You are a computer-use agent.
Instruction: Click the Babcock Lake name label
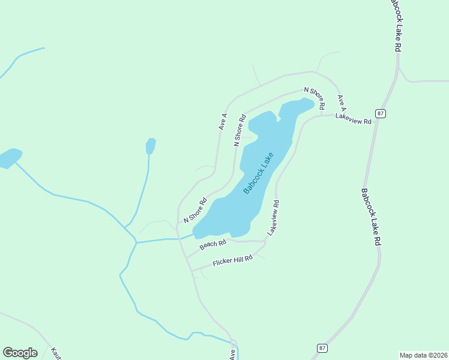[x=259, y=173]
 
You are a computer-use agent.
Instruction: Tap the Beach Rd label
[x=213, y=244]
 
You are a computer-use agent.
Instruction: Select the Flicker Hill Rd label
[x=233, y=261]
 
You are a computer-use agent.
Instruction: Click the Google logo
[x=20, y=353]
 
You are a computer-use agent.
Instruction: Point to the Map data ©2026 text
[x=423, y=355]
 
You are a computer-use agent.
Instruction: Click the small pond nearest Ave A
[x=151, y=146]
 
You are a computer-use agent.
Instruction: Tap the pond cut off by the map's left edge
[x=8, y=158]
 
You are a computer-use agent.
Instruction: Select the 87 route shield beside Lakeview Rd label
[x=381, y=113]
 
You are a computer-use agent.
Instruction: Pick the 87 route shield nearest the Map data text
[x=322, y=348]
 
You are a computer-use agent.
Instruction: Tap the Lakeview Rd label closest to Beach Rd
[x=273, y=217]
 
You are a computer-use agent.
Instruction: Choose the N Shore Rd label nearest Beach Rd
[x=195, y=210]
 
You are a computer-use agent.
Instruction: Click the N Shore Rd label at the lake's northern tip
[x=314, y=98]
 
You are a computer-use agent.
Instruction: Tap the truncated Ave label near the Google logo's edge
[x=232, y=355]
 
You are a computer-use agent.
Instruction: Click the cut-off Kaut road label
[x=56, y=354]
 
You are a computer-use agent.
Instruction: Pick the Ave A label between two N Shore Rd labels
[x=223, y=122]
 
